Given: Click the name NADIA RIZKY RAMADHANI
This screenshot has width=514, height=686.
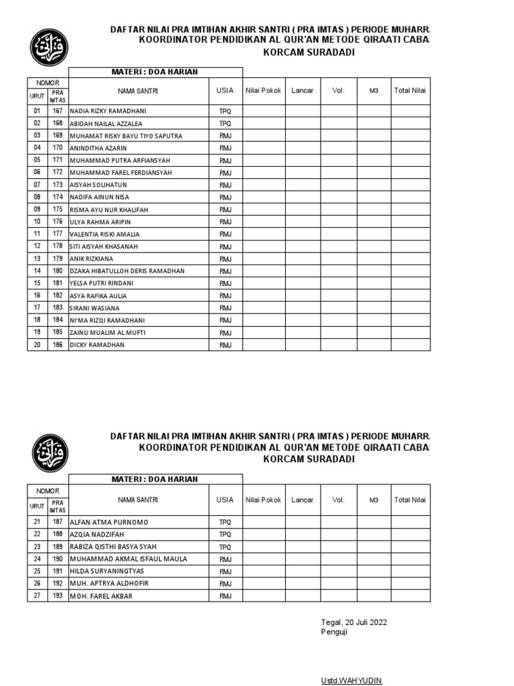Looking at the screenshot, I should (108, 111).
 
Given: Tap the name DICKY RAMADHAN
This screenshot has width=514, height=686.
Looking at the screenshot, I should (97, 345).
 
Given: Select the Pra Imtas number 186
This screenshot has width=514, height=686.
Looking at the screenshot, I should (58, 345).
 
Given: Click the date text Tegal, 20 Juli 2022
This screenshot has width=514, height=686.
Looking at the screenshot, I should (354, 622).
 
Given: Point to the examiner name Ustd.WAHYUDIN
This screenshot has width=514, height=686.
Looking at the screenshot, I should (351, 681).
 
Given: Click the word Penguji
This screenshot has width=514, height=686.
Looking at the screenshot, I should (334, 632).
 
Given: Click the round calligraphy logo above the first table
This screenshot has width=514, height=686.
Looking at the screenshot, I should (49, 46).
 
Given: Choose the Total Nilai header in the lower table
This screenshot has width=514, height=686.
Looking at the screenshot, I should (410, 500).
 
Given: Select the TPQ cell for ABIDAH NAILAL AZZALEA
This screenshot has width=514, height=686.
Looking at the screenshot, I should (225, 124).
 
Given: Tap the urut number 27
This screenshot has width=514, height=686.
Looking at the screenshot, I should (37, 596).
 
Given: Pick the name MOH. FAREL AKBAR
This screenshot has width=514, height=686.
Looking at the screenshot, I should (101, 596).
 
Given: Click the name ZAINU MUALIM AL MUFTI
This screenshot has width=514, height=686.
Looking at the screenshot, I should (107, 332).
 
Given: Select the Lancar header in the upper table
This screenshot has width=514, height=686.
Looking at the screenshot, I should (302, 90).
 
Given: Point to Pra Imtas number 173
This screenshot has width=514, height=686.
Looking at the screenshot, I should (58, 185).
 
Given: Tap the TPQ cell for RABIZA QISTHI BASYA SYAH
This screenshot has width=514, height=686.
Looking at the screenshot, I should (225, 547).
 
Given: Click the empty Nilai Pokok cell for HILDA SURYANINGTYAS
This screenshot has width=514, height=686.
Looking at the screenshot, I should (263, 571).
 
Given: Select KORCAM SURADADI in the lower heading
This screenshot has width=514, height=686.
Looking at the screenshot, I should (309, 460).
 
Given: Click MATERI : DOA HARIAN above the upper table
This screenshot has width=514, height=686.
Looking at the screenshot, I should (155, 72).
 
